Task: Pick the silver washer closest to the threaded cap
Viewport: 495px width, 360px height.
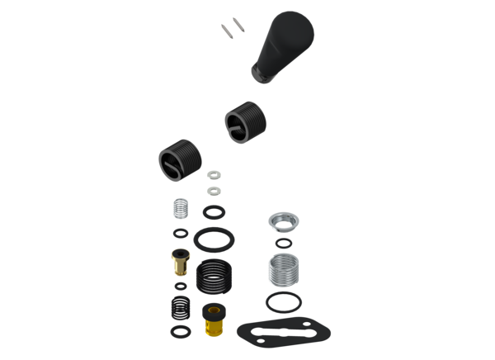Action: (214, 174)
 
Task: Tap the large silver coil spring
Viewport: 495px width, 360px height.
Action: (280, 268)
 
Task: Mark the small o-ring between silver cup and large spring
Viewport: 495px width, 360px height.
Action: (283, 244)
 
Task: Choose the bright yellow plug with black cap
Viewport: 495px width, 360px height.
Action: (214, 319)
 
